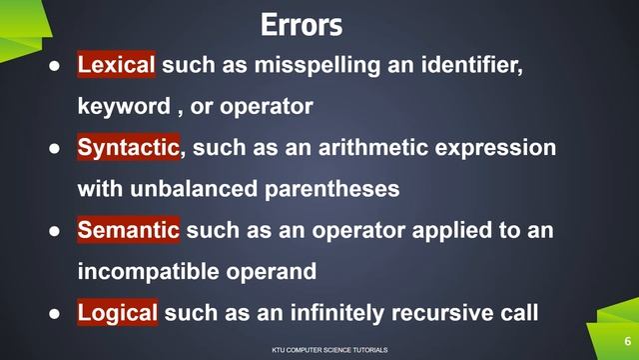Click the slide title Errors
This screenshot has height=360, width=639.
pos(301,24)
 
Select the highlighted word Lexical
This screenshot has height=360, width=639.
pos(117,66)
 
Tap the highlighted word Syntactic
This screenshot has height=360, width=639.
pos(129,148)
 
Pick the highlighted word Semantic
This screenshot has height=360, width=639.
pos(129,231)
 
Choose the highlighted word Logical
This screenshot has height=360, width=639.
pos(118,313)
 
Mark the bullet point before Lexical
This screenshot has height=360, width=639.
pos(58,67)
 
